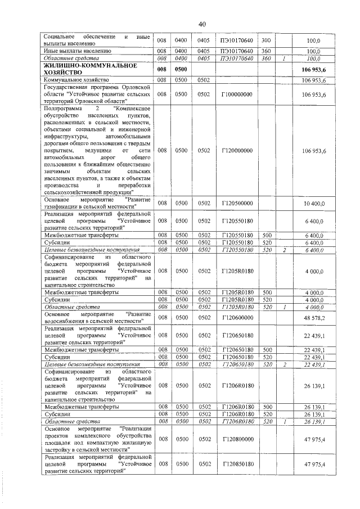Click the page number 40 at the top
(202, 24)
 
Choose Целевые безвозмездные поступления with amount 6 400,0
(84, 249)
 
